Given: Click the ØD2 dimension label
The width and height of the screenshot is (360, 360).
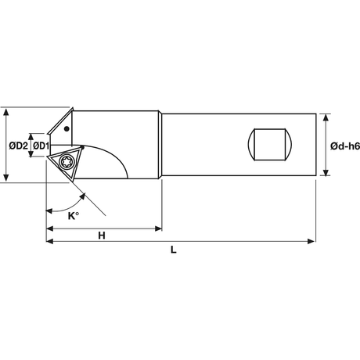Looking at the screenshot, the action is click(x=18, y=146).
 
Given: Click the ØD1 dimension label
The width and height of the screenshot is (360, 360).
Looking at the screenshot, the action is click(x=41, y=146).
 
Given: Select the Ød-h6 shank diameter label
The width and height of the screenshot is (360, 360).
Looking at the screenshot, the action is click(x=345, y=146).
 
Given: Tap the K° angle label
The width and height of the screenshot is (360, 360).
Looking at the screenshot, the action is click(x=74, y=216).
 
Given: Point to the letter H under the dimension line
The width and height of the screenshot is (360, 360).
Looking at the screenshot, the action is click(x=102, y=236).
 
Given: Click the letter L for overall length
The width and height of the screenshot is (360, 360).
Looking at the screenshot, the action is click(x=174, y=250).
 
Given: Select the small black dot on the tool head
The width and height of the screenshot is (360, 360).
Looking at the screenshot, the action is click(x=67, y=128).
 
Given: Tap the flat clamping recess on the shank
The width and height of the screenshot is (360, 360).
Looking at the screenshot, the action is click(x=270, y=144).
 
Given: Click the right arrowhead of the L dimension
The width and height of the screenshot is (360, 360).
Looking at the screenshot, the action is click(x=311, y=241).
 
